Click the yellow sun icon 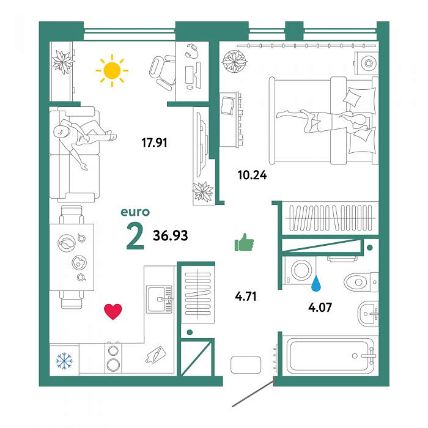pyautogui.click(x=112, y=70)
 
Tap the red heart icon pyautogui.click(x=113, y=311)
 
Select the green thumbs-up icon pyautogui.click(x=244, y=242)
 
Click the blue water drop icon pyautogui.click(x=316, y=282)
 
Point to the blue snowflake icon pyautogui.click(x=64, y=361)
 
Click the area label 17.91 pyautogui.click(x=154, y=142)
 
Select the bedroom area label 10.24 pyautogui.click(x=252, y=175)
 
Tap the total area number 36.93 pyautogui.click(x=171, y=235)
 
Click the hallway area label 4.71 pyautogui.click(x=246, y=297)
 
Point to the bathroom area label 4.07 pyautogui.click(x=320, y=308)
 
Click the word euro pyautogui.click(x=135, y=212)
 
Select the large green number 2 pyautogui.click(x=135, y=237)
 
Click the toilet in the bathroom pyautogui.click(x=361, y=282)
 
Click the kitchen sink pyautogui.click(x=160, y=299)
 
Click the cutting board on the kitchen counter pyautogui.click(x=155, y=354)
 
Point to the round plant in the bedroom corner pyautogui.click(x=234, y=61)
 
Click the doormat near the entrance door pyautogui.click(x=246, y=364)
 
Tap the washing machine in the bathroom pyautogui.click(x=300, y=271)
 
